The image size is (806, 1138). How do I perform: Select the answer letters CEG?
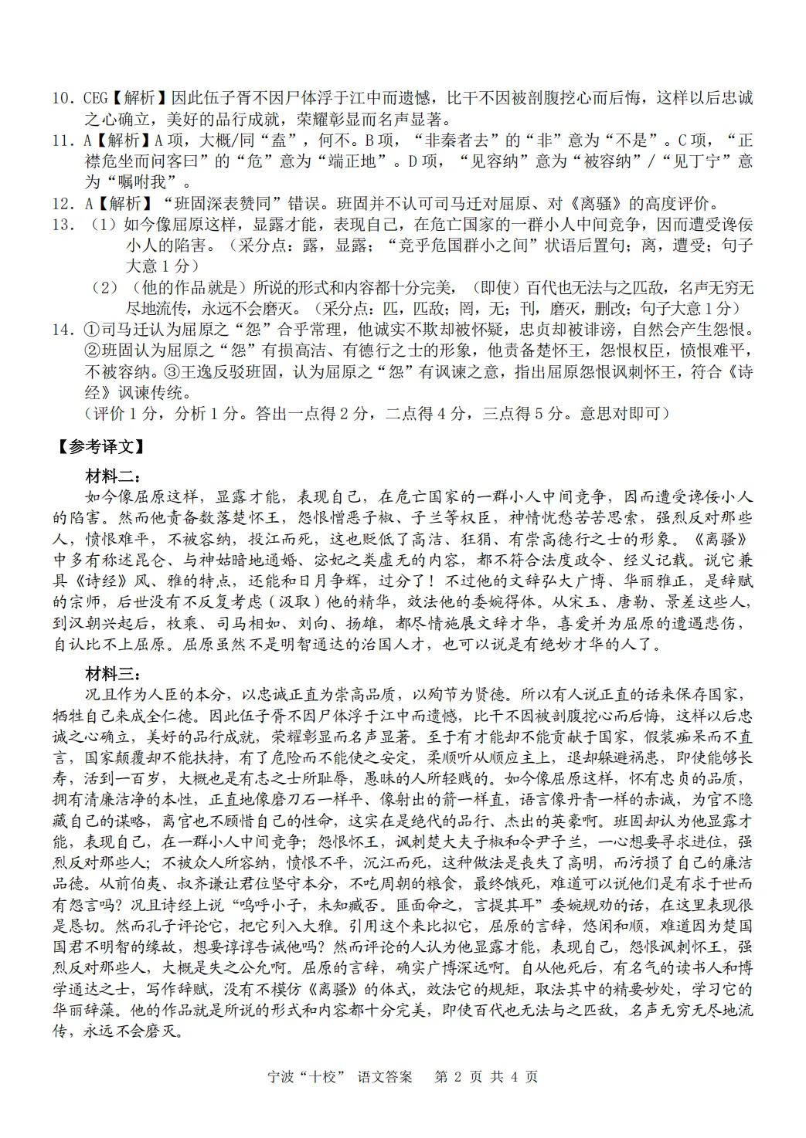[95, 99]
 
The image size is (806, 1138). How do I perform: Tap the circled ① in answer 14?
[91, 330]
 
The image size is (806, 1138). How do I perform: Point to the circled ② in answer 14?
[91, 351]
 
